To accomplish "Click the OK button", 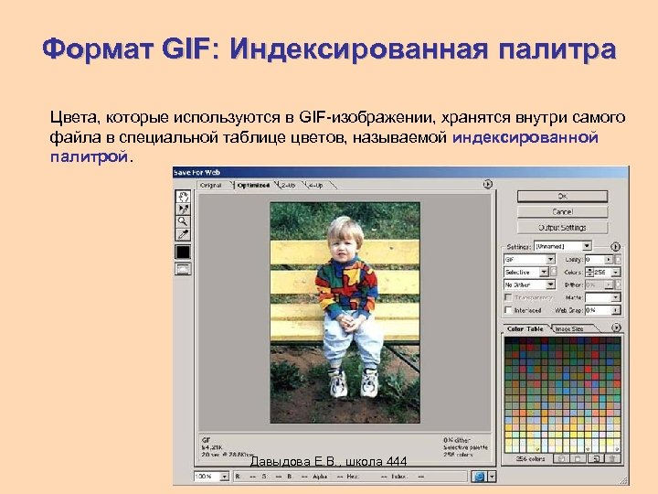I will [x=562, y=196].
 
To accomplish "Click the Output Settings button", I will [x=562, y=227].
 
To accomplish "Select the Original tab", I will [x=210, y=185].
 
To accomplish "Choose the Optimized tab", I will [x=254, y=185].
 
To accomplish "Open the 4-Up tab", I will [x=315, y=185].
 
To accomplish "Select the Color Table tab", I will [x=525, y=328].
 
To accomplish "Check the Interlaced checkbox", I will [x=508, y=310].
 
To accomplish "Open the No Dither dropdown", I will [x=526, y=285].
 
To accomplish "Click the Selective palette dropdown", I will [x=526, y=272].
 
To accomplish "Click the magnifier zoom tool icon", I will [x=183, y=220].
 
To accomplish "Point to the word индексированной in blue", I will [x=525, y=137].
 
